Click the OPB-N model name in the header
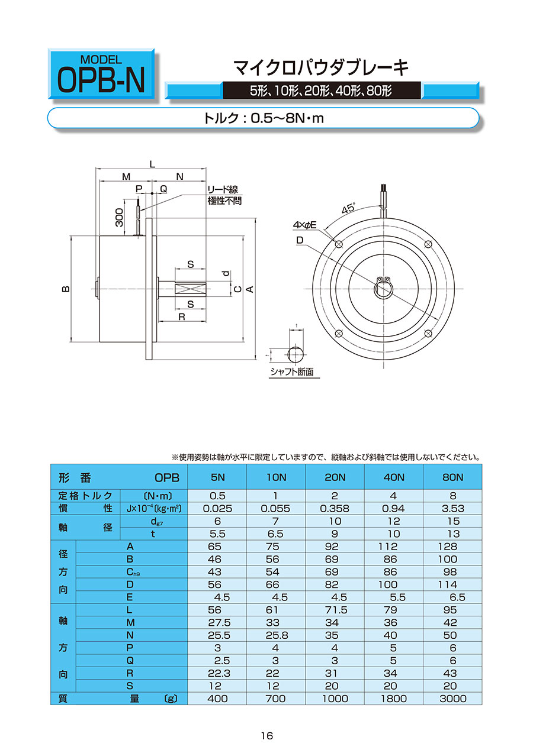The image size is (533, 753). pos(101,82)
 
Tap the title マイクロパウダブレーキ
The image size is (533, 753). pos(322,68)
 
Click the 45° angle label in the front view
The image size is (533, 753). pos(348,209)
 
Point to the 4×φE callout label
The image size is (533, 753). pos(305,225)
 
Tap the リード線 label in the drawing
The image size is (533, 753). pos(222,190)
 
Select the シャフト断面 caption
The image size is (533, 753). pos(291,373)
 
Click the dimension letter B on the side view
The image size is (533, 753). pos(66,289)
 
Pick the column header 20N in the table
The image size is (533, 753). pos(335,477)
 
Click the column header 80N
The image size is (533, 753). pos(452,477)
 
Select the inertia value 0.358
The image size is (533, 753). pos(335,508)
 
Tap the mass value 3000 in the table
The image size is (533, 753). pos(452,699)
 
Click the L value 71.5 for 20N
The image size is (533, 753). pos(335,610)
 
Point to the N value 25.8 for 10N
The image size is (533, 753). pos(275,635)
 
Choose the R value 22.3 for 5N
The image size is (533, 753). pos(217,673)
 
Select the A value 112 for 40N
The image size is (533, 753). pos(393,547)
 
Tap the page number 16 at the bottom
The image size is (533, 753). pos(266,736)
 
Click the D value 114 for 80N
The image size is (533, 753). pos(452,584)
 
